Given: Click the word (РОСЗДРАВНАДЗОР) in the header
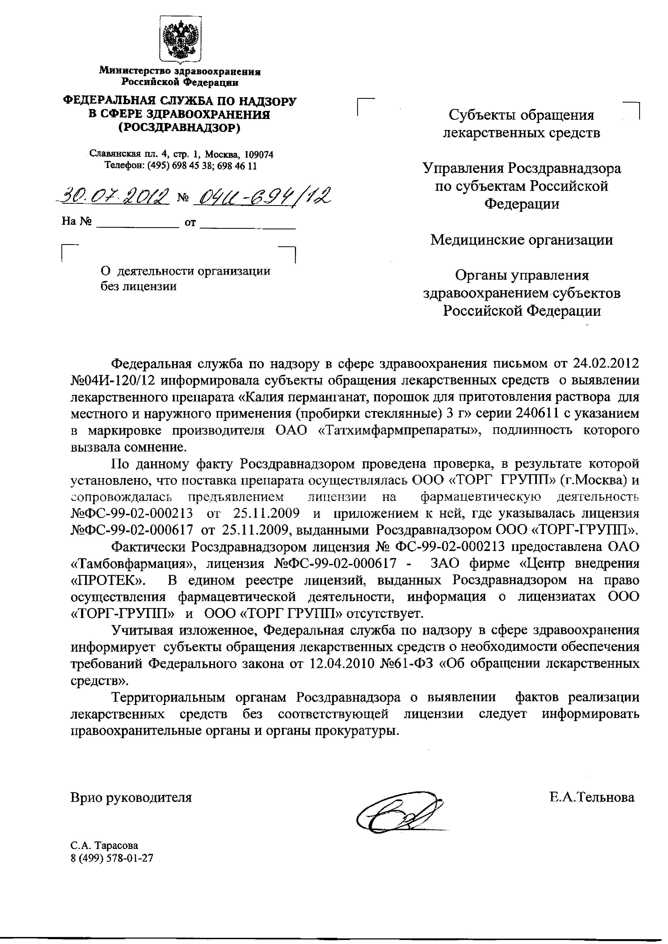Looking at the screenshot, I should coord(179,128).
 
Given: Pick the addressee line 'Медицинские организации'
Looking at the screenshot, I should coord(521,239).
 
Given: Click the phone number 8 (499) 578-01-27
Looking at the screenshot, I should coord(112,858).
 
